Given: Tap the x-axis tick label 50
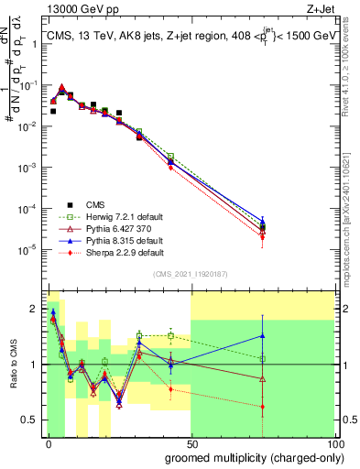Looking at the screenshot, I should [x=191, y=443].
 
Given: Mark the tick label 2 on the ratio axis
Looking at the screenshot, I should [x=35, y=309].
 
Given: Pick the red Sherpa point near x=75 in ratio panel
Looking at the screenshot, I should [x=263, y=407].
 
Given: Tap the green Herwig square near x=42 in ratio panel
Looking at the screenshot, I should [x=171, y=336].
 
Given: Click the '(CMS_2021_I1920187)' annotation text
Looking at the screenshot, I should [x=191, y=273].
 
